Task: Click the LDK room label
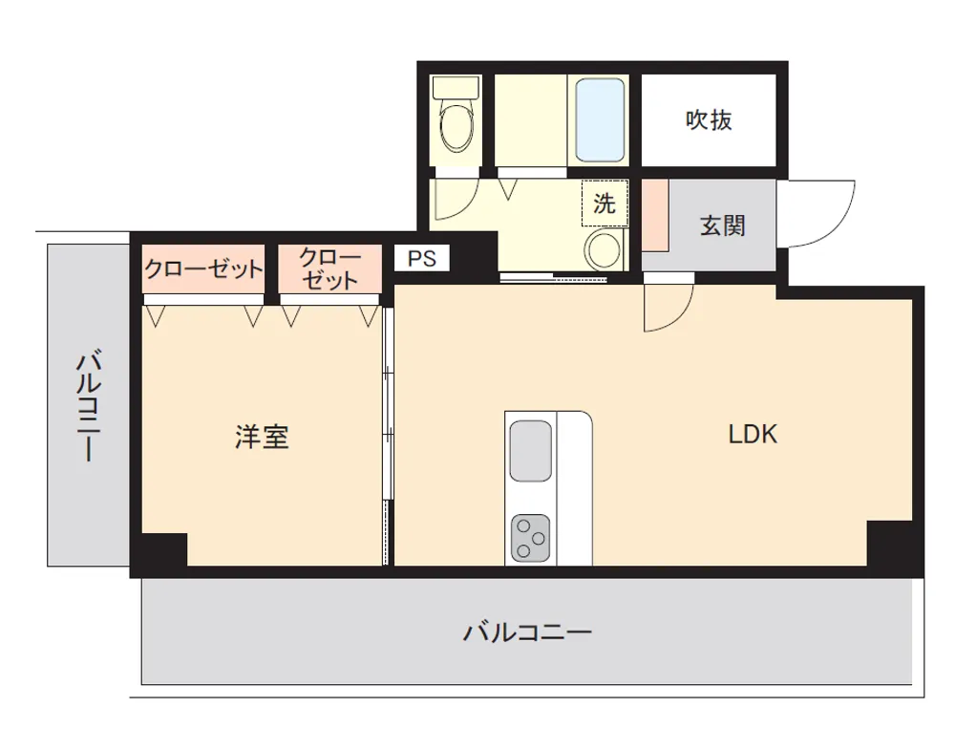[x=753, y=434]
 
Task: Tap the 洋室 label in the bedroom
[x=262, y=437]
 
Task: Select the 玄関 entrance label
[x=722, y=225]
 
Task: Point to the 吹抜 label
[x=709, y=119]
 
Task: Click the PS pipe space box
[x=421, y=258]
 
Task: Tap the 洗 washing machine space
[x=605, y=204]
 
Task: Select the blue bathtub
[x=600, y=119]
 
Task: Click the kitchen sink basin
[x=530, y=450]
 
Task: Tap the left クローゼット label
[x=202, y=268]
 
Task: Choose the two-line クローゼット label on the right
[x=330, y=268]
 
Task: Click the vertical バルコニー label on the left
[x=88, y=405]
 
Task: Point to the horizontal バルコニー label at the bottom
[x=527, y=633]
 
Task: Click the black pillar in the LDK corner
[x=889, y=544]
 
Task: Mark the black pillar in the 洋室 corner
[x=164, y=549]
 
